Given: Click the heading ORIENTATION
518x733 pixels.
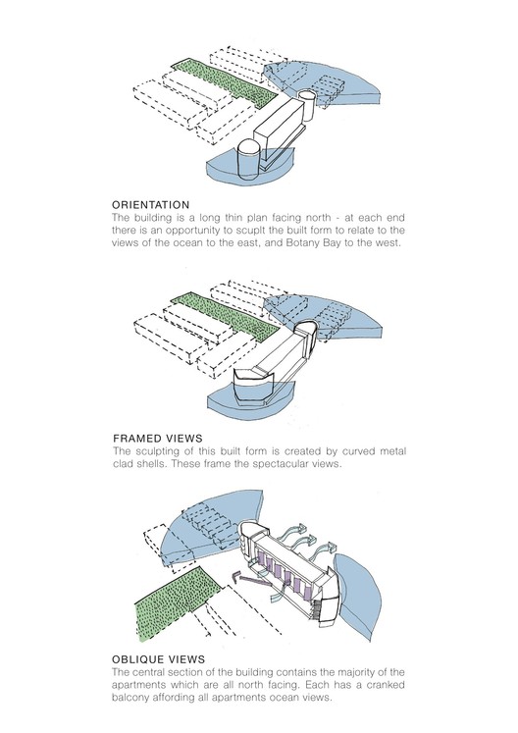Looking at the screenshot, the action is (x=150, y=205).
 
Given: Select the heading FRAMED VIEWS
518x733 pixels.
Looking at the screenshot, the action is (x=158, y=439).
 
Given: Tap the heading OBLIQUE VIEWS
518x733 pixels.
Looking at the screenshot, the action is (x=159, y=659).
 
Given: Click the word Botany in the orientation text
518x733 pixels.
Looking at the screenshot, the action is (x=303, y=243).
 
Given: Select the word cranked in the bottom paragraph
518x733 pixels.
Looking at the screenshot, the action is (x=386, y=685).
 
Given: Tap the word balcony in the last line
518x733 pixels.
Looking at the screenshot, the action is (x=130, y=698).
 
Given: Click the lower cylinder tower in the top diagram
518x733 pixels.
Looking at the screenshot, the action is (x=249, y=159).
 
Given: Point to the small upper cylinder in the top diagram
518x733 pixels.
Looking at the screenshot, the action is (x=307, y=104).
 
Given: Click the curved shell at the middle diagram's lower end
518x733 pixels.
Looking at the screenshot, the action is (x=253, y=384).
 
